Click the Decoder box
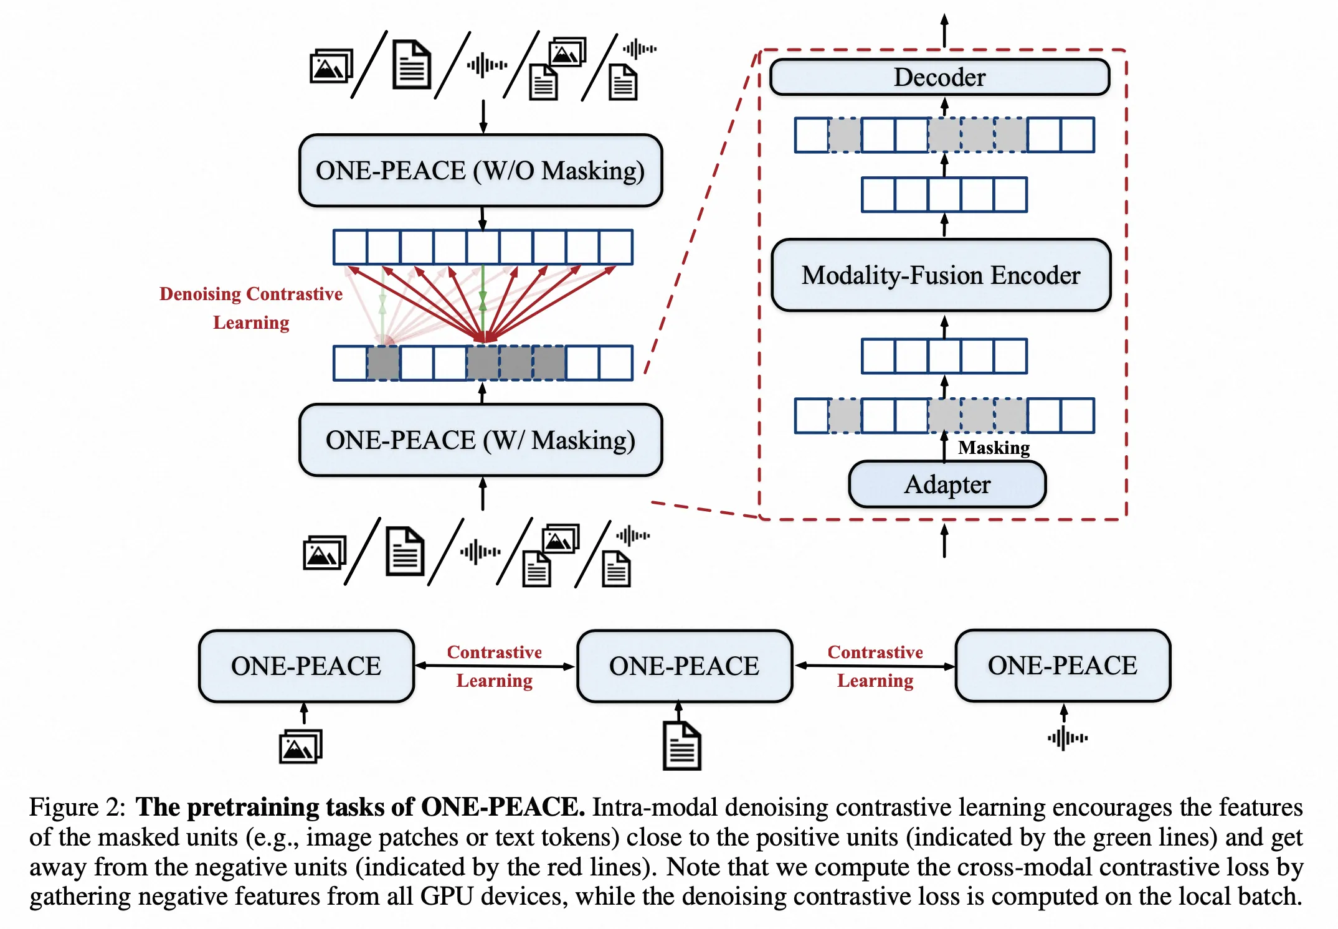939,77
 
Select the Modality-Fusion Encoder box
941,275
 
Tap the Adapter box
947,484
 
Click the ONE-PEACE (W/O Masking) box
480,171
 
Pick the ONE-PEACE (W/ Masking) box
480,440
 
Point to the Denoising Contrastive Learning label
251,308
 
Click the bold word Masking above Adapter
994,448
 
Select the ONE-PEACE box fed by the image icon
306,666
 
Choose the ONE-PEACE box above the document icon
684,666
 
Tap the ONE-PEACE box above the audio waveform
1063,666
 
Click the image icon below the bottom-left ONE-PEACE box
301,746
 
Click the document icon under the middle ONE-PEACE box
681,746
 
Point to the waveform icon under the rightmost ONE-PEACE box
1068,738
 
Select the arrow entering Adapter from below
944,540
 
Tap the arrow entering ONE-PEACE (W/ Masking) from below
482,494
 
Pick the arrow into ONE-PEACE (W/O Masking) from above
483,116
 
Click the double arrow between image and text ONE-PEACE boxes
495,666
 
